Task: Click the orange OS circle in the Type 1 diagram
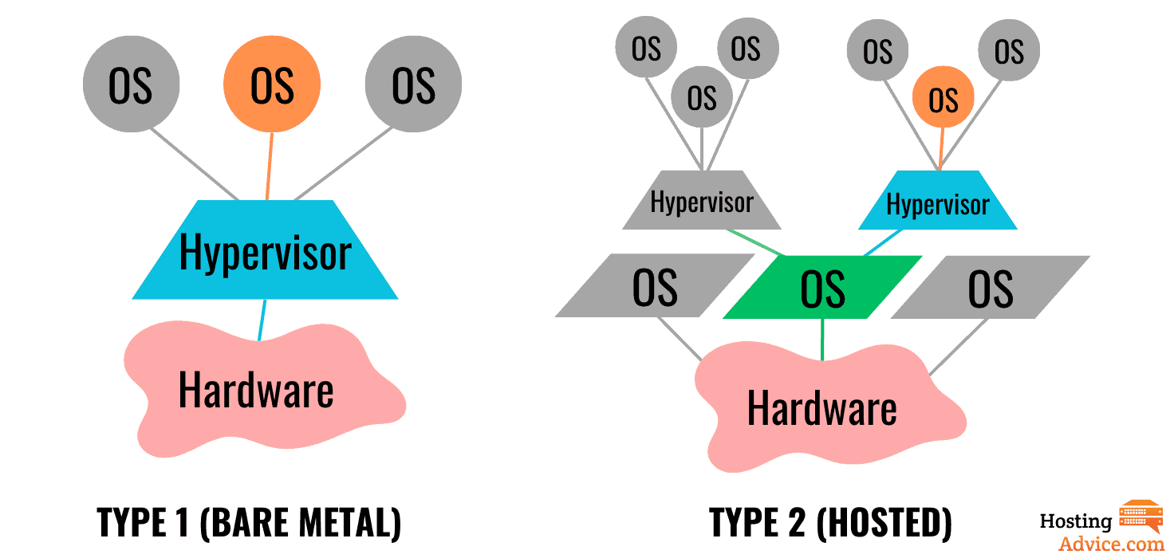coord(272,84)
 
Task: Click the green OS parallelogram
coord(822,288)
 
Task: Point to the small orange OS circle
coord(944,99)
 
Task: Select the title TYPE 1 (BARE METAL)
coord(249,523)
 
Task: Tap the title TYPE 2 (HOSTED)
coord(830,523)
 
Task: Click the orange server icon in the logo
coord(1141,517)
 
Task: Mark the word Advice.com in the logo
coord(1111,543)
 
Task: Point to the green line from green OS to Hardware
coord(822,339)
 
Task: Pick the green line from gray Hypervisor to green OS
coord(756,243)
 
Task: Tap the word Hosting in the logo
coord(1075,522)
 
